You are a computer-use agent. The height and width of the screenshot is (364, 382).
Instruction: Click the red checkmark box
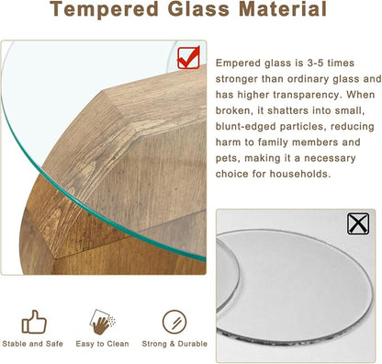[188, 59]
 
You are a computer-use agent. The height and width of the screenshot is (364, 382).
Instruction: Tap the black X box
[358, 222]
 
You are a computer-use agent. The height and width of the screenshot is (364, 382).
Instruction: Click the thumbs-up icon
[33, 322]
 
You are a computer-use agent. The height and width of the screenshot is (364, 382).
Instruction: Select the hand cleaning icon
[103, 322]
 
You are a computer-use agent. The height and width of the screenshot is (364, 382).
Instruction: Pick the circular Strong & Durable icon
[173, 322]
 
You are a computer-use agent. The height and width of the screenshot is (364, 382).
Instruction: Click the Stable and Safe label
[33, 345]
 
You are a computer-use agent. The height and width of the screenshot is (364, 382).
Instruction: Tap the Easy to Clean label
[103, 345]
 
